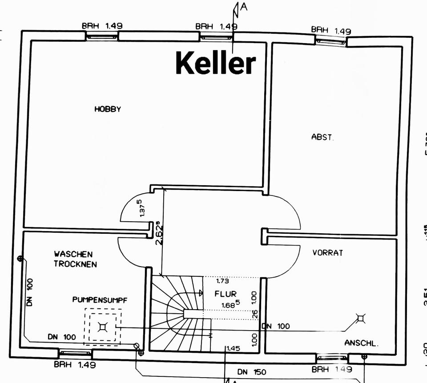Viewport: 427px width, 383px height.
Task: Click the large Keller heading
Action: click(216, 63)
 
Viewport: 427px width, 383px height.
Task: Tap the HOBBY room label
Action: click(108, 109)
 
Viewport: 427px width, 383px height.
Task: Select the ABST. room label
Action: click(322, 137)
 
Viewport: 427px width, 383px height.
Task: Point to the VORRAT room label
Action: click(328, 252)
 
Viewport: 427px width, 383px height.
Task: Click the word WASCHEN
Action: click(73, 254)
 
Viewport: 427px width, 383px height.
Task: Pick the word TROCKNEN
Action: click(75, 263)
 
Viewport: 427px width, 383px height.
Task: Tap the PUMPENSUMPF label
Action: click(100, 300)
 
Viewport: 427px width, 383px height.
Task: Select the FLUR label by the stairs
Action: click(226, 294)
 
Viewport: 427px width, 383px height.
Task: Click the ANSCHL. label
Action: click(361, 343)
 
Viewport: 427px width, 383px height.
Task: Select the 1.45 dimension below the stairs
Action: click(233, 349)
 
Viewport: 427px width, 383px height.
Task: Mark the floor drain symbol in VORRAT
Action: click(360, 318)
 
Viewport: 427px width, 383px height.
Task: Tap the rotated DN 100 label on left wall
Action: click(30, 292)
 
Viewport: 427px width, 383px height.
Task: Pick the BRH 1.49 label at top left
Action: click(102, 26)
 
